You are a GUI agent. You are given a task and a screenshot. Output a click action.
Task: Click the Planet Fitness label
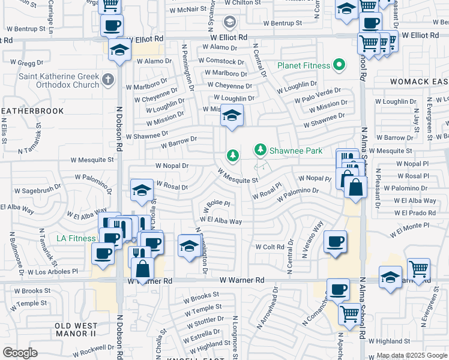point(304,65)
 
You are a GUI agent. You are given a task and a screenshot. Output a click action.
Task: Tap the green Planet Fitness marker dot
point(339,65)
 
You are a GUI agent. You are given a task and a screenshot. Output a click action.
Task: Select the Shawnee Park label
point(296,151)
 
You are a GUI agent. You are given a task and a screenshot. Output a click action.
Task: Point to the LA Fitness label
point(76,238)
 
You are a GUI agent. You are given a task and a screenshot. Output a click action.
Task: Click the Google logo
point(20,352)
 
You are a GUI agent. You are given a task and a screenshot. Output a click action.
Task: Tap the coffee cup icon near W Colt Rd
point(335,241)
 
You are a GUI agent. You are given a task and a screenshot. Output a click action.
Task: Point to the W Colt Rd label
point(270,247)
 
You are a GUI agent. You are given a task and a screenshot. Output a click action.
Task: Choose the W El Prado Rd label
point(415,212)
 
